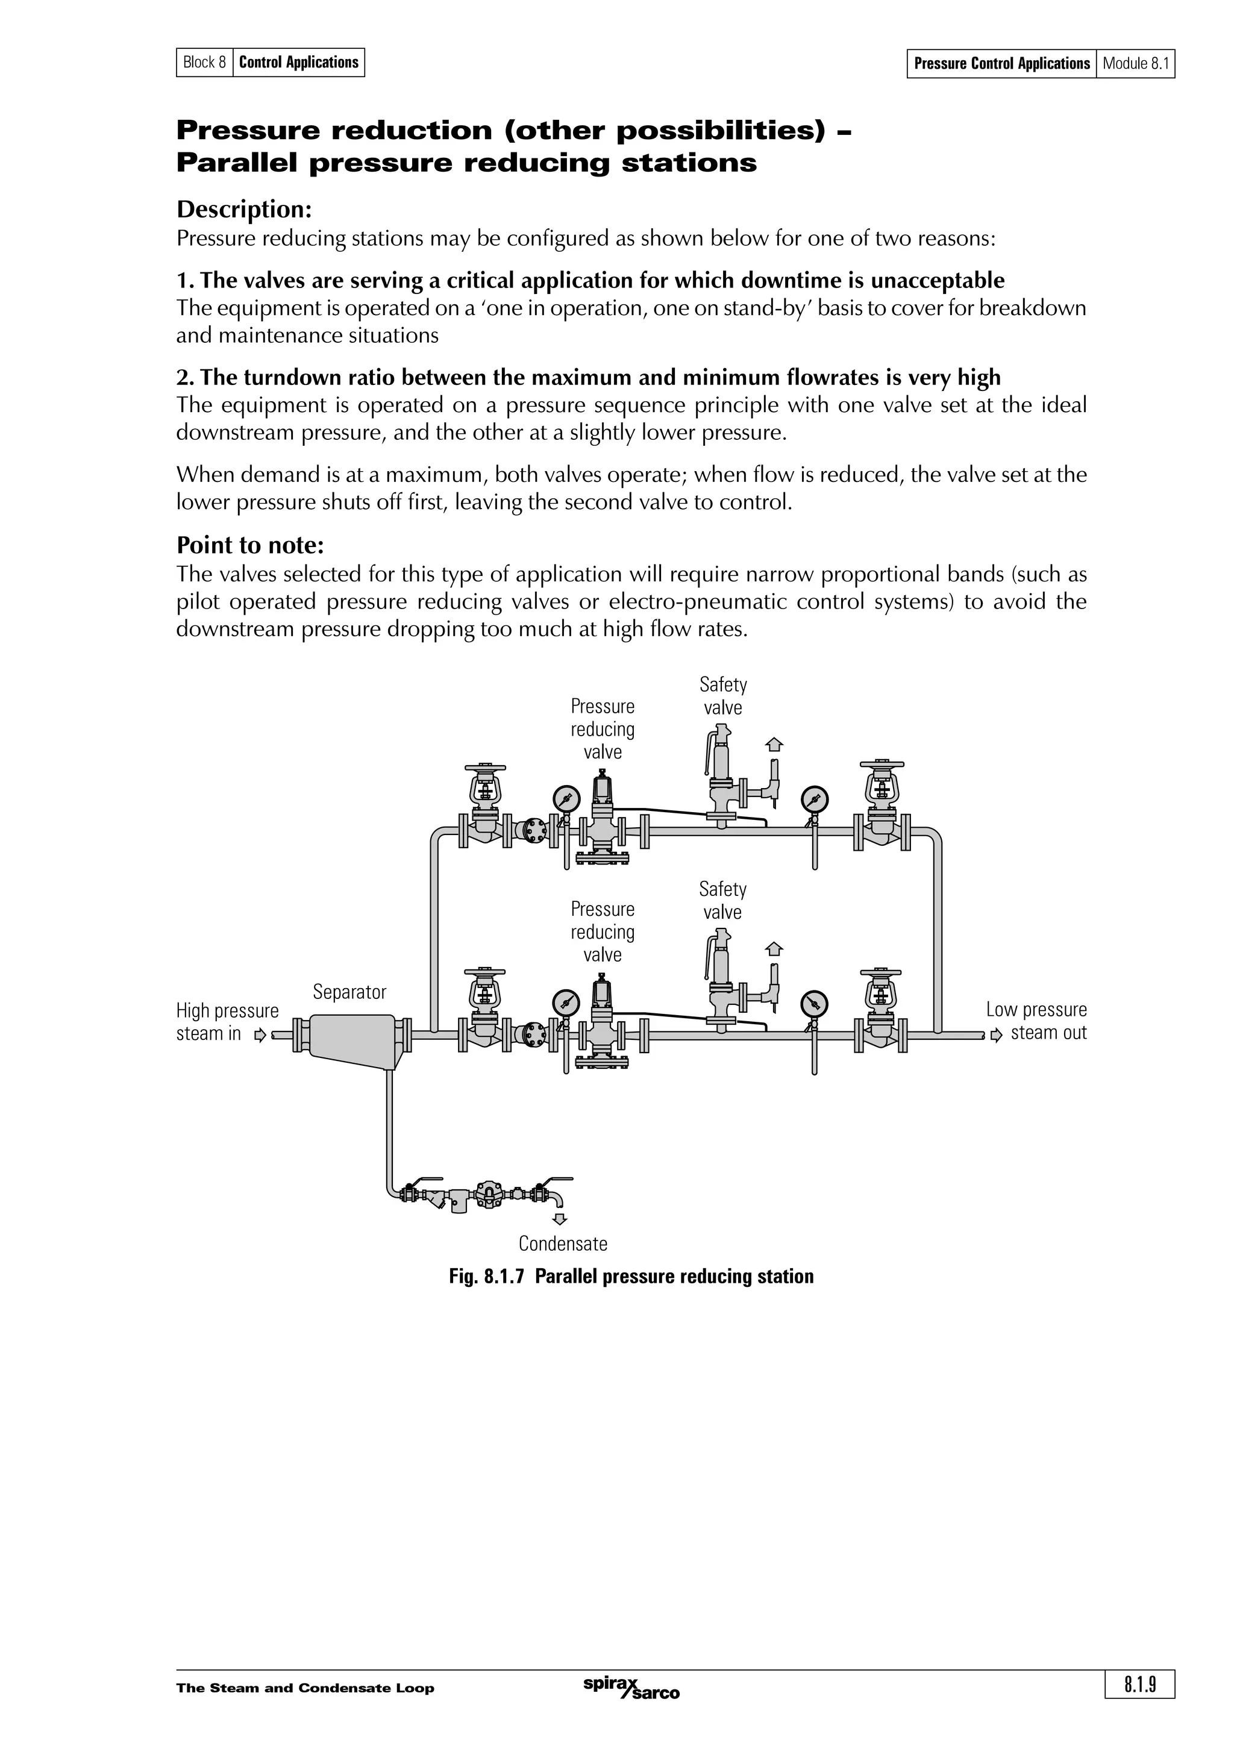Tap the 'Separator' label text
(x=349, y=992)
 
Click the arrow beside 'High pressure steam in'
(x=261, y=1035)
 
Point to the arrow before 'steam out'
(x=997, y=1035)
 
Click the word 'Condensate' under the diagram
(x=563, y=1244)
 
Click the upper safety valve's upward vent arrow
(x=774, y=745)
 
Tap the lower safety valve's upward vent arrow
(x=774, y=948)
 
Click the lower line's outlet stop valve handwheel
(x=881, y=972)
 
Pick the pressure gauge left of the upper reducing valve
(x=566, y=799)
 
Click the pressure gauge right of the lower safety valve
(x=814, y=1003)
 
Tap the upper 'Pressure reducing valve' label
(x=602, y=729)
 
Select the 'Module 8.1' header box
(x=1135, y=63)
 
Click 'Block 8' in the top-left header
(x=204, y=63)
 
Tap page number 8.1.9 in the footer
(x=1140, y=1685)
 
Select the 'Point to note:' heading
(x=250, y=545)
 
